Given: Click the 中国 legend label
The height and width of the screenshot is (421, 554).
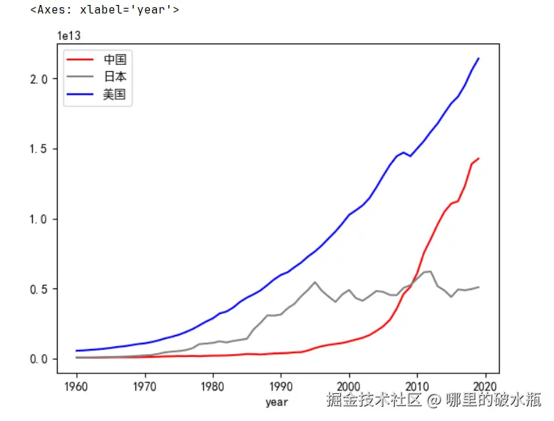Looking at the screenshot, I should tap(114, 60).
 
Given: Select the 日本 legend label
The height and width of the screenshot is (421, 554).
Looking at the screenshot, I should tap(114, 77).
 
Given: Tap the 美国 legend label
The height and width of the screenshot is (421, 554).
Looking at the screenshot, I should tap(114, 94).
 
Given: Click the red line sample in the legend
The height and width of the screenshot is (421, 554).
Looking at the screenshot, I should tap(82, 60).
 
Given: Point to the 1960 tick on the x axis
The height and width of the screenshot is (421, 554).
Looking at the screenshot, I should tap(77, 386).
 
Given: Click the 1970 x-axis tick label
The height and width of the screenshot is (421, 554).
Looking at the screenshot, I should tap(145, 386).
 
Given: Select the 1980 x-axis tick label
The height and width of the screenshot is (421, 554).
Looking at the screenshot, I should tap(212, 386).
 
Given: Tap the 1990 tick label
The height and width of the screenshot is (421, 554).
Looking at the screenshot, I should tap(281, 386).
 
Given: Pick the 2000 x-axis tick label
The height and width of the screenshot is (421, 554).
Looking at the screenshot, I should tap(349, 386).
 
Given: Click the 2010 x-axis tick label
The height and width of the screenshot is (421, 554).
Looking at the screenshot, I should tap(416, 386).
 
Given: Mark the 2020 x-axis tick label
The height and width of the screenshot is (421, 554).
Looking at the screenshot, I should tap(485, 386).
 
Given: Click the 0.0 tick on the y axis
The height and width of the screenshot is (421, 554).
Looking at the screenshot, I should tap(48, 359).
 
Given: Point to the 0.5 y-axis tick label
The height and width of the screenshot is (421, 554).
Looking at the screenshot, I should tap(48, 289).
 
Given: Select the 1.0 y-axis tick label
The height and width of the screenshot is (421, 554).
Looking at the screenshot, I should tap(48, 219).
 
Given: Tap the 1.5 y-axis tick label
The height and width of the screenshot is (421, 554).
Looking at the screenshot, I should tap(48, 149).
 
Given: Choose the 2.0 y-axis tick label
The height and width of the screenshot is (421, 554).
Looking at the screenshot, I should tap(48, 79).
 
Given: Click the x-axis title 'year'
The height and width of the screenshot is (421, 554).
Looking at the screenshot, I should tap(277, 402).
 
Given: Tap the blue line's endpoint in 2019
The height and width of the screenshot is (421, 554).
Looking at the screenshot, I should tap(478, 58).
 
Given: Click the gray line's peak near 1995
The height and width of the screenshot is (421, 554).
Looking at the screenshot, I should tap(315, 282).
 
